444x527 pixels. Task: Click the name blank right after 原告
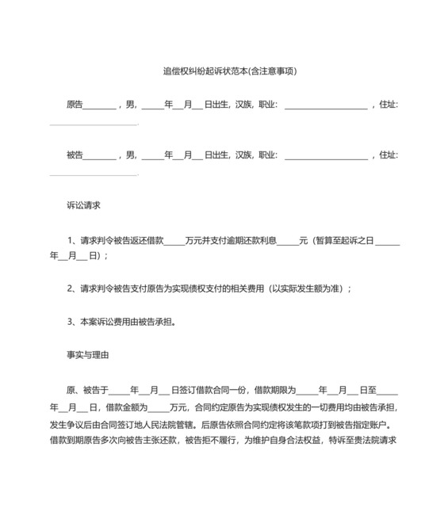(99, 105)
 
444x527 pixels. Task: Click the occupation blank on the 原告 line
(325, 105)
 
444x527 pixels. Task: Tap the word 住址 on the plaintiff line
(388, 104)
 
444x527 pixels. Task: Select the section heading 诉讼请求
(83, 204)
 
